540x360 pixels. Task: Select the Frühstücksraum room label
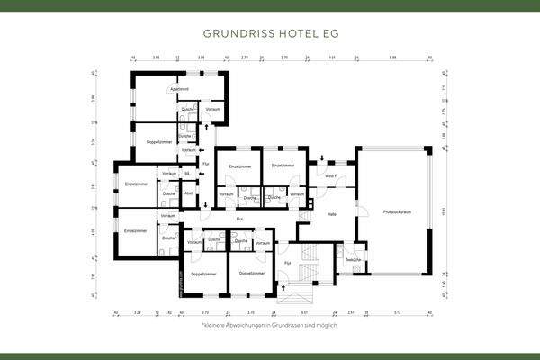pyautogui.click(x=395, y=213)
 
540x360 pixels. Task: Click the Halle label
pyautogui.click(x=331, y=213)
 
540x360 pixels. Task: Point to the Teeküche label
pyautogui.click(x=353, y=259)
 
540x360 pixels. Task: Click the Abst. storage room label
pyautogui.click(x=189, y=193)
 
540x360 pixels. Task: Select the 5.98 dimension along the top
pyautogui.click(x=392, y=57)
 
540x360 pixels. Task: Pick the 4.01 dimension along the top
pyautogui.click(x=332, y=57)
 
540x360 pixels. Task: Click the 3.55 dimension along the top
pyautogui.click(x=156, y=57)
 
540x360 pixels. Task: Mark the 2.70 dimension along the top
pyautogui.click(x=245, y=57)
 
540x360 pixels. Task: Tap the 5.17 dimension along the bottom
pyautogui.click(x=397, y=313)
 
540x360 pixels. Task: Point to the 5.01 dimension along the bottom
pyautogui.click(x=306, y=313)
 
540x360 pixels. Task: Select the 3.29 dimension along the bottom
pyautogui.click(x=137, y=313)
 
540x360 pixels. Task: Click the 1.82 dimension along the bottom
pyautogui.click(x=168, y=313)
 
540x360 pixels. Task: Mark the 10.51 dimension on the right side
pyautogui.click(x=444, y=213)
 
